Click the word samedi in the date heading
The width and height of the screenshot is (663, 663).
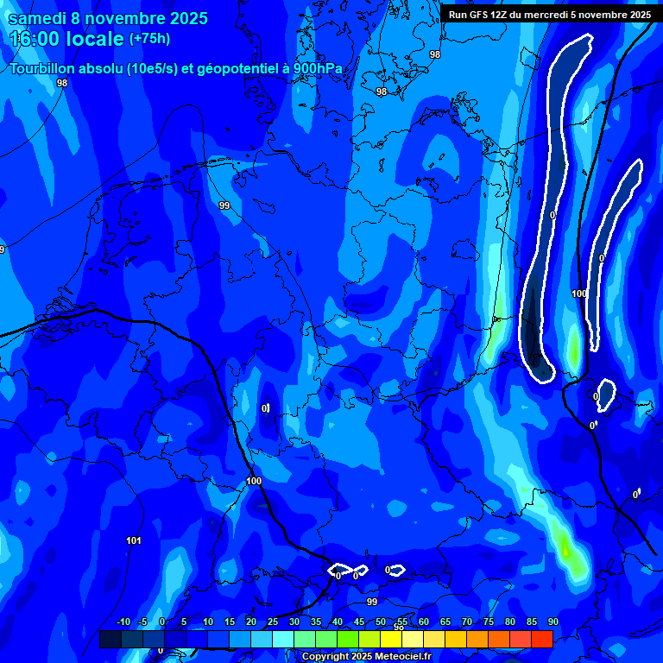pyautogui.click(x=40, y=18)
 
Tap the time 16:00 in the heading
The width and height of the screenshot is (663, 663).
pyautogui.click(x=37, y=40)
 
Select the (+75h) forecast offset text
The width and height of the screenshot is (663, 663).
pyautogui.click(x=149, y=39)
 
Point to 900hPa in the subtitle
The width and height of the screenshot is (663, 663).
pyautogui.click(x=318, y=69)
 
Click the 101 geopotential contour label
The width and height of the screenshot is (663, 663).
pyautogui.click(x=134, y=541)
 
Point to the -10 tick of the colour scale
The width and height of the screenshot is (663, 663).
pyautogui.click(x=123, y=622)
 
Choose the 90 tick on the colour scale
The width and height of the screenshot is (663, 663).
pyautogui.click(x=552, y=622)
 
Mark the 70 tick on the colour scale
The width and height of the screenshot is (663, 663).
pyautogui.click(x=466, y=622)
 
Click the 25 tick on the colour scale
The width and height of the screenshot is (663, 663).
pyautogui.click(x=272, y=622)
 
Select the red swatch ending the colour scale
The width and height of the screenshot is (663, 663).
pyautogui.click(x=542, y=639)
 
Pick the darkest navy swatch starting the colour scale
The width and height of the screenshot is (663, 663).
pyautogui.click(x=110, y=639)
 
